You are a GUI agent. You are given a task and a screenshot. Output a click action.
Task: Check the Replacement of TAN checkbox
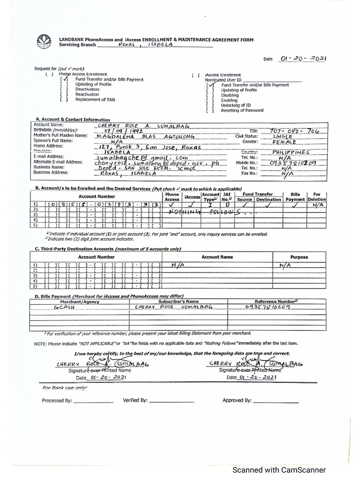pyautogui.click(x=64, y=99)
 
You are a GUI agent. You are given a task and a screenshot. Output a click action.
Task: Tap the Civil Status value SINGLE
pyautogui.click(x=283, y=136)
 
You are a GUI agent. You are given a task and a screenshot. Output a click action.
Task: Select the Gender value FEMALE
pyautogui.click(x=285, y=142)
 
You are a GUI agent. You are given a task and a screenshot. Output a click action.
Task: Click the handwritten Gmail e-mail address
pyautogui.click(x=134, y=157)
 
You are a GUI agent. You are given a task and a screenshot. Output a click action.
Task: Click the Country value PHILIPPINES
pyautogui.click(x=291, y=152)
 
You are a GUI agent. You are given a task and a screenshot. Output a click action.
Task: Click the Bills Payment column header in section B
pyautogui.click(x=295, y=196)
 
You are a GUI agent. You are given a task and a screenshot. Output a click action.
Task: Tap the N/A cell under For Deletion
pyautogui.click(x=317, y=205)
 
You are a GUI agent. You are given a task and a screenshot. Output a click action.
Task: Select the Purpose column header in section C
pyautogui.click(x=299, y=257)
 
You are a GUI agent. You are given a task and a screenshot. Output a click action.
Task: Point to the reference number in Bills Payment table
pyautogui.click(x=267, y=307)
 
